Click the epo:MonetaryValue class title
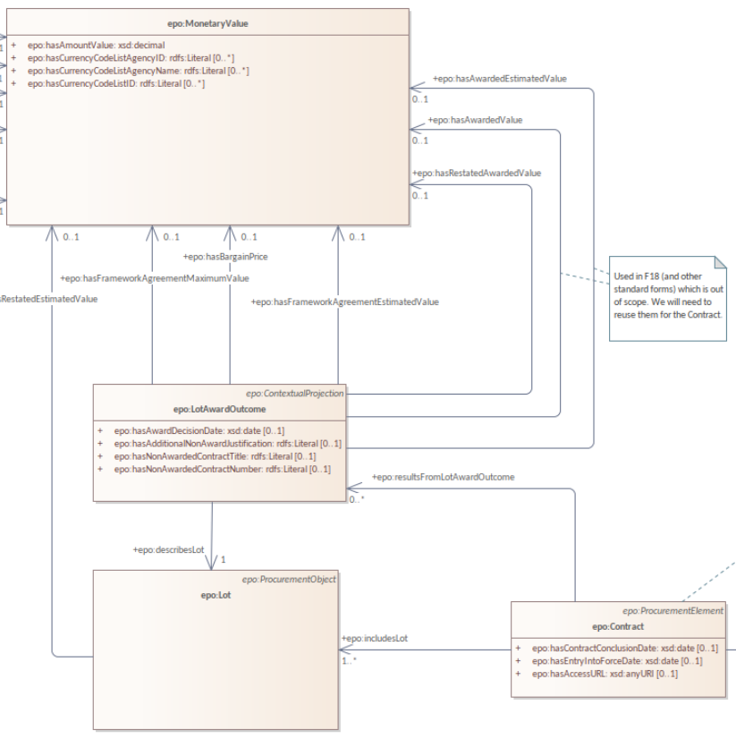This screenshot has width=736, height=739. (x=207, y=22)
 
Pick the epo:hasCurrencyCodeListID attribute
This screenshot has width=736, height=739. (x=116, y=83)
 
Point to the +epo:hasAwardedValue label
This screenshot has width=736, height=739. (x=475, y=119)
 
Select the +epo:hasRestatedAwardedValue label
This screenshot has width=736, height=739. (x=477, y=173)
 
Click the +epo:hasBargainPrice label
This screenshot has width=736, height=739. (x=224, y=257)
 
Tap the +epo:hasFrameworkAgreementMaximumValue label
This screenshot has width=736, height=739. (x=155, y=278)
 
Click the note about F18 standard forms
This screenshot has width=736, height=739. (x=667, y=295)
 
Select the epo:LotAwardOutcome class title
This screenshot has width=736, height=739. (x=219, y=409)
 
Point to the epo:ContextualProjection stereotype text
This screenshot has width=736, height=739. (x=294, y=393)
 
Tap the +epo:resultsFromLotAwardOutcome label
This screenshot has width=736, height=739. (x=443, y=477)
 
